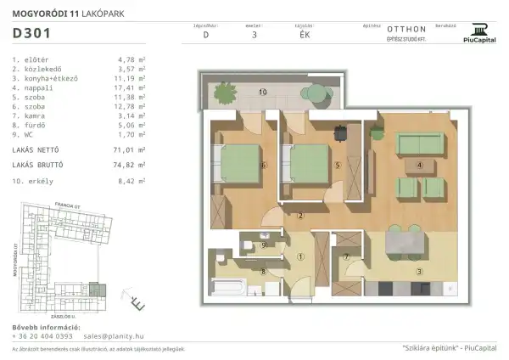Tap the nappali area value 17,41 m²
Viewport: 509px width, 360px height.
coord(132,87)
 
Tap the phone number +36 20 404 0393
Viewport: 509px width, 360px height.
coord(42,336)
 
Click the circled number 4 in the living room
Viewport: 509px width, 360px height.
coord(419,166)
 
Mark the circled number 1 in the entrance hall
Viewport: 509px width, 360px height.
coord(300,256)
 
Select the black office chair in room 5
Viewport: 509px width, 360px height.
coord(340,133)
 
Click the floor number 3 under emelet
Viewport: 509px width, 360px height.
coord(255,36)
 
